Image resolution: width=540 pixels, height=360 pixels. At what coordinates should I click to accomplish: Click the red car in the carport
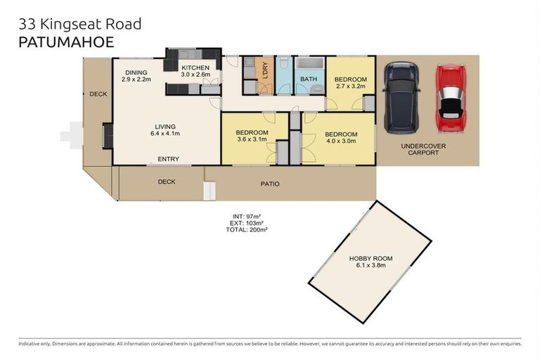click(451, 98)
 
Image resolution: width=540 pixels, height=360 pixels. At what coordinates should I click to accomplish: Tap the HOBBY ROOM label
click(371, 259)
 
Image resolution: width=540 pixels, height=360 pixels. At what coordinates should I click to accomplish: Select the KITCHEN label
click(195, 67)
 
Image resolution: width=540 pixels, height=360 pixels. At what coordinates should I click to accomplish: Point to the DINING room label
click(136, 72)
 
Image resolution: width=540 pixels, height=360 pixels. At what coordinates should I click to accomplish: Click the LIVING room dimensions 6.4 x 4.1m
click(165, 134)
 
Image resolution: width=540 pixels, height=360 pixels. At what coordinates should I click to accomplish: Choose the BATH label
click(309, 79)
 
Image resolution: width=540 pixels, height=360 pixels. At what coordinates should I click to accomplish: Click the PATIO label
click(270, 184)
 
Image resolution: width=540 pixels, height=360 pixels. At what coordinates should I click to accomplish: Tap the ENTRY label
click(168, 159)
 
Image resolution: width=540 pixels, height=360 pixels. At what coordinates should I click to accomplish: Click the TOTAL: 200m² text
click(246, 230)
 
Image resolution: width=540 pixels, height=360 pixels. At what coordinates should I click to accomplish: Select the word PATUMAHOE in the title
click(65, 42)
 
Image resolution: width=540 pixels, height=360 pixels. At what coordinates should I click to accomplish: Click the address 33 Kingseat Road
click(79, 24)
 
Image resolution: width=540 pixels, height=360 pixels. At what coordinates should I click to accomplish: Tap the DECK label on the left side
click(98, 94)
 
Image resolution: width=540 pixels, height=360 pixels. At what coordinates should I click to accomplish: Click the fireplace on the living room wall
click(107, 136)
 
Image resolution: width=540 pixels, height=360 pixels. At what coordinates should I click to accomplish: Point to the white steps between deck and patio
click(209, 191)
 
